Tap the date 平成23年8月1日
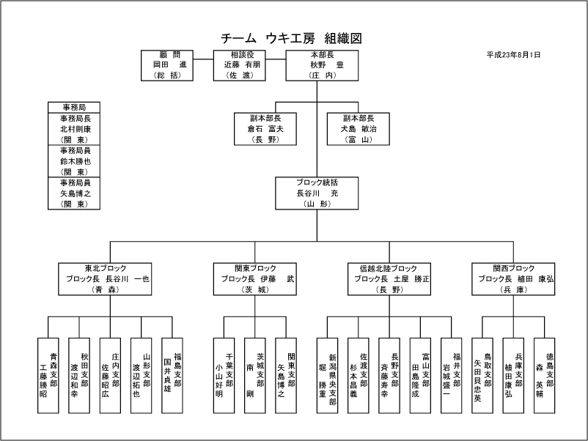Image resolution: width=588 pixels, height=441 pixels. [x=514, y=55]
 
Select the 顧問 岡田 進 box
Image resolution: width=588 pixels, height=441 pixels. [x=169, y=64]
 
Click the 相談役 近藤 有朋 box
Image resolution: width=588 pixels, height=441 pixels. [x=240, y=64]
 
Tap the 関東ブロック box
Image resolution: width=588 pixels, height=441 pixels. [x=257, y=278]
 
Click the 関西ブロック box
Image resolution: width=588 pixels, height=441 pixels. [x=515, y=278]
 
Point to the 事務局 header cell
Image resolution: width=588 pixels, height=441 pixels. [x=74, y=107]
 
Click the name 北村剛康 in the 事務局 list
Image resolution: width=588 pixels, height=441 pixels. [x=74, y=128]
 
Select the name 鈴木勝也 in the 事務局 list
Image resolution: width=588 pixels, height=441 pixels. [x=74, y=161]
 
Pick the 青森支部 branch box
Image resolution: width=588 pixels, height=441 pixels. [x=48, y=374]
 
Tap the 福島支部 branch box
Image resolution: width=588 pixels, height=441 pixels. [x=172, y=374]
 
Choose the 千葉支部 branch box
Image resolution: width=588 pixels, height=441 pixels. [x=224, y=374]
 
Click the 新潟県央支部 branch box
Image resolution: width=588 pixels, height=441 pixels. [x=328, y=374]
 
